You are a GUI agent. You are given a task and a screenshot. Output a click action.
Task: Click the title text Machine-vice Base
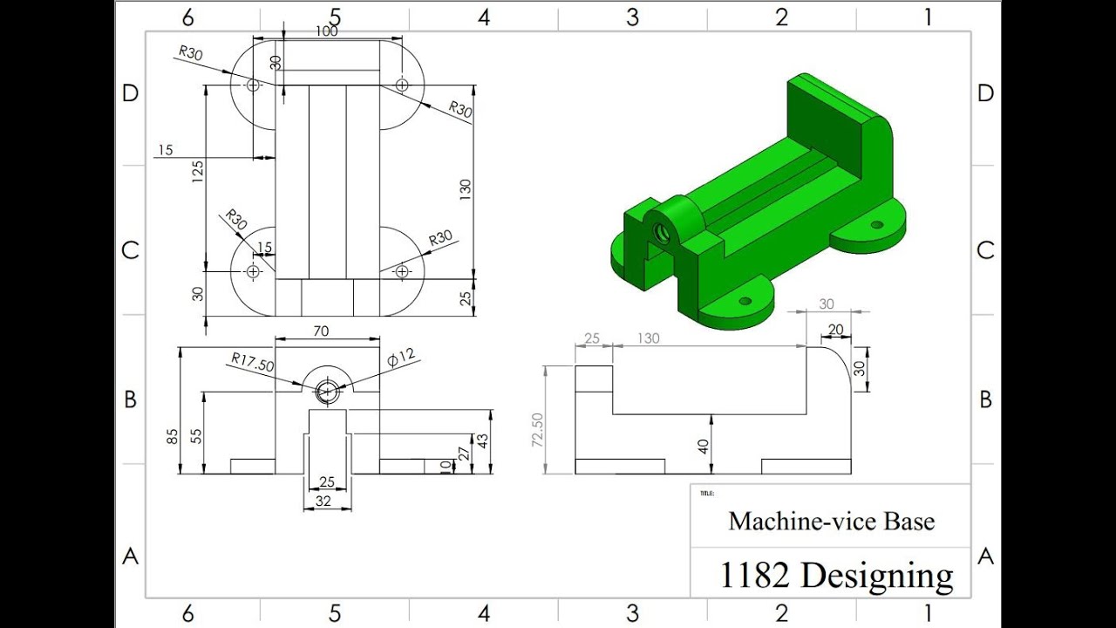coord(831,522)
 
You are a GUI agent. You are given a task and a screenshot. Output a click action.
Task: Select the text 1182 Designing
coord(836,575)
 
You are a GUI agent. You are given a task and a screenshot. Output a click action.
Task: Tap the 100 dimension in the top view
coord(327,31)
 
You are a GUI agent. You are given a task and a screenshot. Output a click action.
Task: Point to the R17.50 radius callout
coord(253,360)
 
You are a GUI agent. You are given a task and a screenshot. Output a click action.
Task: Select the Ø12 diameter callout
coord(402,358)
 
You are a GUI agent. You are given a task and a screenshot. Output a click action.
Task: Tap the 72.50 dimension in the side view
coord(537,430)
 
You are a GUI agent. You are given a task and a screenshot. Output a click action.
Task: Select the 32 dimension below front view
coord(323,501)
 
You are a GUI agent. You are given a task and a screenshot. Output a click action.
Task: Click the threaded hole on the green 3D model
coord(661,233)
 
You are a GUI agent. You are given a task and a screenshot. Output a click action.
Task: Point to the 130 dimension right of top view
coord(466,188)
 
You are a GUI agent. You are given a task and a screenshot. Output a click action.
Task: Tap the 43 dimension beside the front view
coord(482,442)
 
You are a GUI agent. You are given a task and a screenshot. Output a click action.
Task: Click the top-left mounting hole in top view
coord(253,85)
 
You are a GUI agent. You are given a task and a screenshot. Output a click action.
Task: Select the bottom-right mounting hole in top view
coord(402,272)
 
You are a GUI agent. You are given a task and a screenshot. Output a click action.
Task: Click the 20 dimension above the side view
coord(835,330)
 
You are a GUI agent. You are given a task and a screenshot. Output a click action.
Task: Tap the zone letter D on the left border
coord(130,93)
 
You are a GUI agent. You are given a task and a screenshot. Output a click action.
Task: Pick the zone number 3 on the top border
coord(632,17)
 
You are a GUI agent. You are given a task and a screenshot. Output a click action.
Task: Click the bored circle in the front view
coord(327,392)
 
